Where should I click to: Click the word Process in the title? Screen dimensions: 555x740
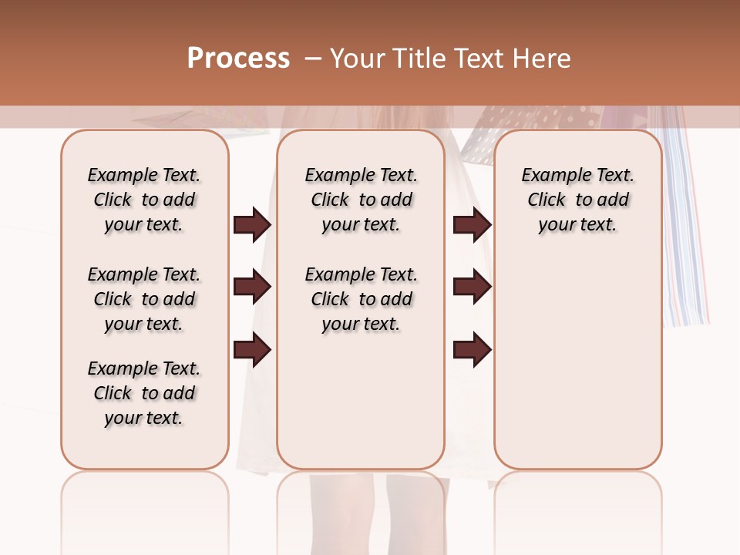pyautogui.click(x=238, y=59)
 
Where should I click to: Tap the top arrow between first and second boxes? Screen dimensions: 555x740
pyautogui.click(x=252, y=225)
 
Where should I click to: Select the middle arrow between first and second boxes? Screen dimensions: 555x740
pyautogui.click(x=252, y=288)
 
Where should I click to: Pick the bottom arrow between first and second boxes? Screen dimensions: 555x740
pyautogui.click(x=252, y=349)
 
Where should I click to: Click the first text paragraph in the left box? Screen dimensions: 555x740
pyautogui.click(x=144, y=200)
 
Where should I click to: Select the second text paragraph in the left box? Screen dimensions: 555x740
pyautogui.click(x=144, y=299)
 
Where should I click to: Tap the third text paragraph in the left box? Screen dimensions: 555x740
pyautogui.click(x=144, y=393)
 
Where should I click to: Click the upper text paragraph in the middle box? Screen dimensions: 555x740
pyautogui.click(x=361, y=200)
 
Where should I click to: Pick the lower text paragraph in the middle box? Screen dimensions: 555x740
pyautogui.click(x=361, y=299)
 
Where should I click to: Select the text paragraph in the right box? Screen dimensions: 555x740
pyautogui.click(x=577, y=200)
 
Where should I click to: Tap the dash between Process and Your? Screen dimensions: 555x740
pyautogui.click(x=313, y=59)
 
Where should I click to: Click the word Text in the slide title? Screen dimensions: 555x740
pyautogui.click(x=479, y=59)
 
